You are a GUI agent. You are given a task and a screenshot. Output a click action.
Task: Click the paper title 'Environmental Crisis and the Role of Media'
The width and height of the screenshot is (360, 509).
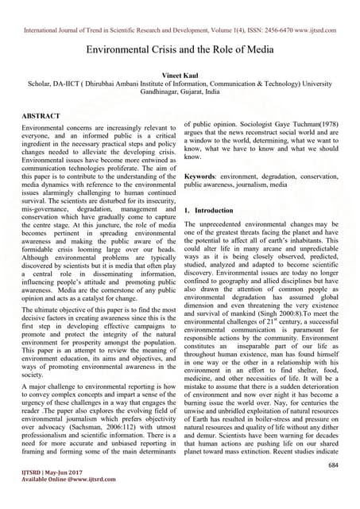180,49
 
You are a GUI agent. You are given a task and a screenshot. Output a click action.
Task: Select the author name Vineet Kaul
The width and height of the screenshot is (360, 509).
180,72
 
